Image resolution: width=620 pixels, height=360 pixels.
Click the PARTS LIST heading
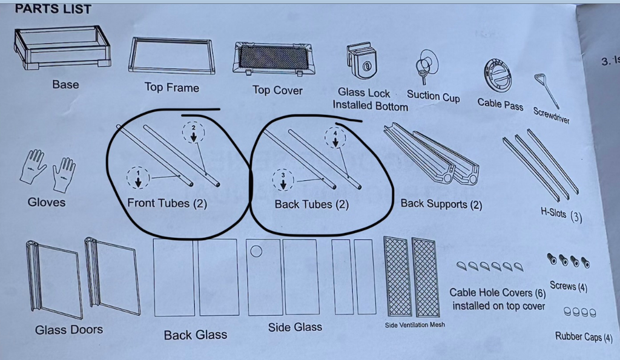coord(53,8)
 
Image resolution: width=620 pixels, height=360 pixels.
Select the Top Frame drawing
coord(171,56)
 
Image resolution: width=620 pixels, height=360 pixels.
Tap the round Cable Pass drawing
coord(498,76)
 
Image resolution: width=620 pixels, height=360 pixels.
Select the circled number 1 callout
coord(138,177)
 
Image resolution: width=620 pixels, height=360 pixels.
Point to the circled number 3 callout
coord(283,179)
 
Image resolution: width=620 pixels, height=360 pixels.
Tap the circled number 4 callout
coord(335,137)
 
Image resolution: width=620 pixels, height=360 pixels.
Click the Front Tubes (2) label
coord(167,203)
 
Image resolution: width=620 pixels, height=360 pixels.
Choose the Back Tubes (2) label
coord(312,205)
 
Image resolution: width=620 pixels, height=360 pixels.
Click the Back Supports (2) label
coord(441,204)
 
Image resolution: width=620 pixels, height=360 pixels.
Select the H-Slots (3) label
coord(561,214)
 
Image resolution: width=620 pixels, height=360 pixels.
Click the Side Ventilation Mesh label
coord(415,325)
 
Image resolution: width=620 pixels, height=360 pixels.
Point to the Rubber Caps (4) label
coord(584,336)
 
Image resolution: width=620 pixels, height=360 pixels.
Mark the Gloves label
coord(47,203)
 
